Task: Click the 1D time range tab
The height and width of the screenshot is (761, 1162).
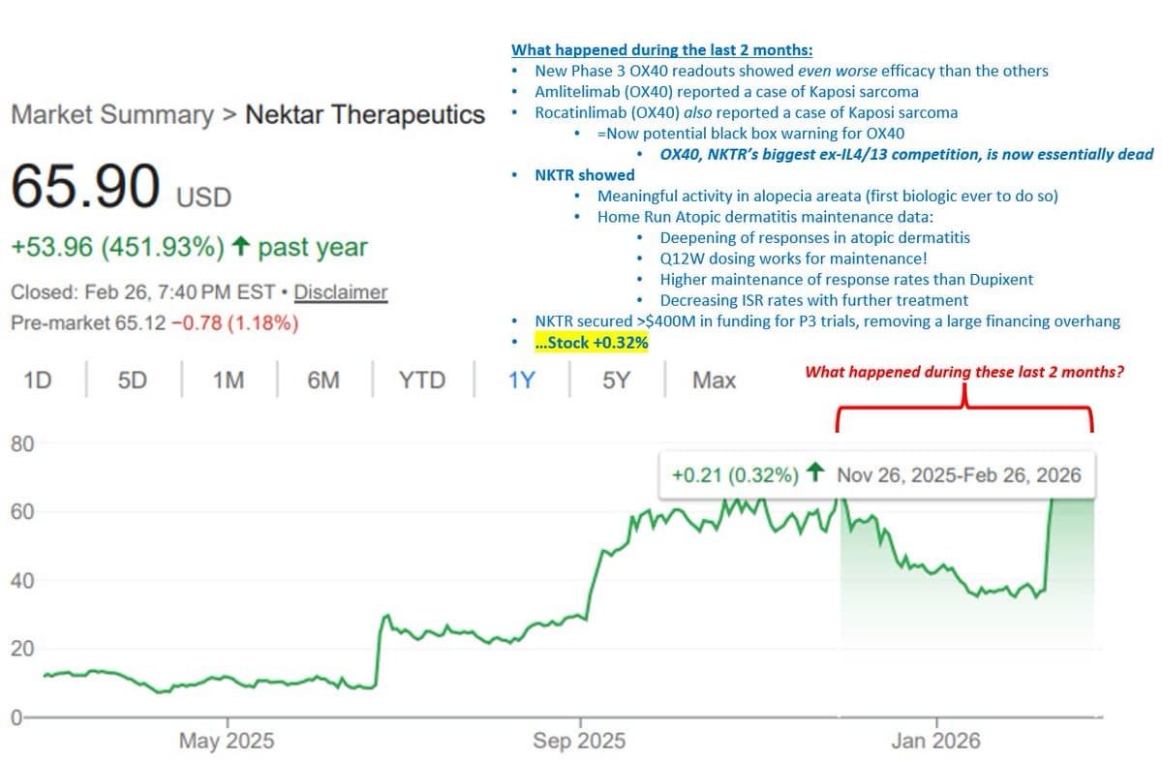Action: pyautogui.click(x=37, y=380)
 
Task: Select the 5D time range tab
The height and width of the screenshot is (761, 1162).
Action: pyautogui.click(x=132, y=380)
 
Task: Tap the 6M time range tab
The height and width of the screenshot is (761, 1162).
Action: pyautogui.click(x=323, y=380)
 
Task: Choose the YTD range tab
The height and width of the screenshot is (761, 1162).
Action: pyautogui.click(x=422, y=380)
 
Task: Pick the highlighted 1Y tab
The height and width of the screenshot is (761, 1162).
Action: pyautogui.click(x=522, y=380)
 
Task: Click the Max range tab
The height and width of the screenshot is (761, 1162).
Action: pyautogui.click(x=714, y=380)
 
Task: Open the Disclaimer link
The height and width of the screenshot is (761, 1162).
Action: pyautogui.click(x=341, y=292)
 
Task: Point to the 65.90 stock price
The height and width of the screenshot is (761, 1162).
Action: pyautogui.click(x=86, y=188)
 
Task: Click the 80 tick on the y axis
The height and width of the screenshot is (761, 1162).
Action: pyautogui.click(x=21, y=444)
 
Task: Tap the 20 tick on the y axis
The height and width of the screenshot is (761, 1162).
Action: pyautogui.click(x=21, y=649)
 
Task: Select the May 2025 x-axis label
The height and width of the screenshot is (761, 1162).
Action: pyautogui.click(x=227, y=742)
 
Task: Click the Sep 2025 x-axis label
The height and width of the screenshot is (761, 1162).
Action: pyautogui.click(x=579, y=742)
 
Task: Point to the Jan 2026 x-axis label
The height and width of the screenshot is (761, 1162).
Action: pyautogui.click(x=936, y=742)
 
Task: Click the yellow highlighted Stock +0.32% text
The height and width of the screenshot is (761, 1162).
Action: pyautogui.click(x=591, y=343)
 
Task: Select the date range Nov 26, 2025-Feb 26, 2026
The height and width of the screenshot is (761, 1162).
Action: pyautogui.click(x=959, y=474)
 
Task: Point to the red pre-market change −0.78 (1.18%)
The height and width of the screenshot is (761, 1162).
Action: pyautogui.click(x=233, y=322)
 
